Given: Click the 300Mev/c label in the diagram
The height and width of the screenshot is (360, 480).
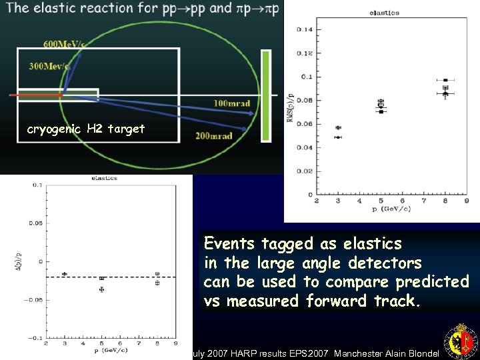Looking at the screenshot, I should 49,66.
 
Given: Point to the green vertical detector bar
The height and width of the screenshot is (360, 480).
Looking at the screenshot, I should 266,95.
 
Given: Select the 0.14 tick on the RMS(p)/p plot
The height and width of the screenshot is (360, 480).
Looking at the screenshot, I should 304,29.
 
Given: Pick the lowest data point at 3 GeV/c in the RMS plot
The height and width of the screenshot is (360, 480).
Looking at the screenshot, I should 338,137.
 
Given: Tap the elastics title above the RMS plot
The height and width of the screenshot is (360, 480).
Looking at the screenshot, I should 384,13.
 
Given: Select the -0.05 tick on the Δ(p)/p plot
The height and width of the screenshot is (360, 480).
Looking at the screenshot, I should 33,299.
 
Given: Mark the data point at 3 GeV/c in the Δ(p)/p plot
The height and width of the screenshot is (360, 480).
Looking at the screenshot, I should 65,274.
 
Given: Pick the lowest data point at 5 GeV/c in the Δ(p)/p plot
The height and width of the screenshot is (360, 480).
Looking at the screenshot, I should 101,289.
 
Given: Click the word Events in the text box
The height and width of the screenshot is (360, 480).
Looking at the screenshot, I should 230,243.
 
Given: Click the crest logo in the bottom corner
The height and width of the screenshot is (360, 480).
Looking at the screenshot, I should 461,341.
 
